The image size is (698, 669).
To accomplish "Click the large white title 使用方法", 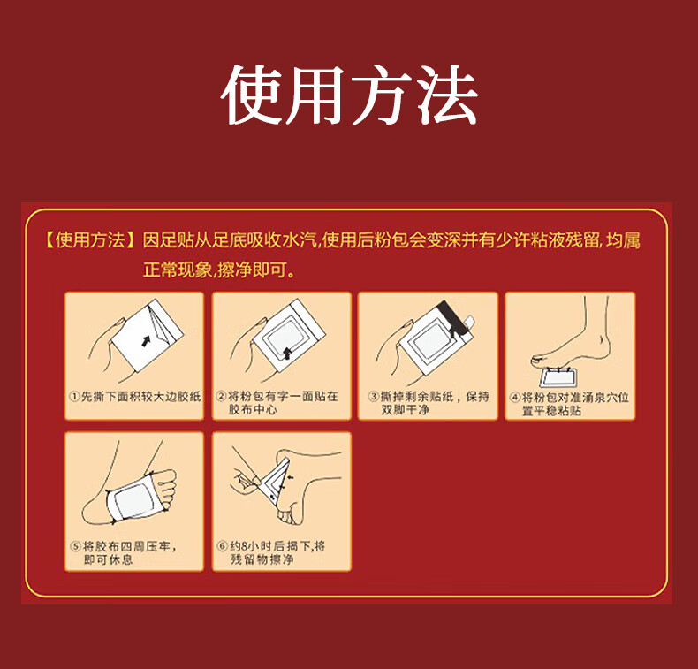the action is point(350,95).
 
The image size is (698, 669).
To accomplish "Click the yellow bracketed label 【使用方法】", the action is point(90,240).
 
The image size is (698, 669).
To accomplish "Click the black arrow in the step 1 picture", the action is point(146,340).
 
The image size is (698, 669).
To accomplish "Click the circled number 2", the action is point(221,396).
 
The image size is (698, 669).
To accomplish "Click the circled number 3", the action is point(374,396).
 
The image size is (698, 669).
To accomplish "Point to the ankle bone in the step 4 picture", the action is point(602,340).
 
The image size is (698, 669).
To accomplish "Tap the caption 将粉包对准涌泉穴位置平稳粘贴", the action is point(575,403).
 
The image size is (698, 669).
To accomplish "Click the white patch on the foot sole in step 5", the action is point(133,499).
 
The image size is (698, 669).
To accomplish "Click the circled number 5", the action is point(76,546).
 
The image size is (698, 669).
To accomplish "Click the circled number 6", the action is point(223,546).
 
